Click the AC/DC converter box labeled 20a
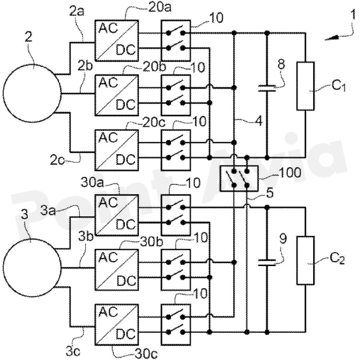coord(117,41)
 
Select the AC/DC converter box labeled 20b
coord(117,95)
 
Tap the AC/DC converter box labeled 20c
coord(117,150)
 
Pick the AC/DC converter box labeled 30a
coord(117,215)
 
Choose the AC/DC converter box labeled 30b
coord(117,270)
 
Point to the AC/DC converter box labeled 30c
coord(117,324)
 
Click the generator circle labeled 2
coord(32,93)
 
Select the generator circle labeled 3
coord(32,267)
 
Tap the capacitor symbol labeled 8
coord(267,88)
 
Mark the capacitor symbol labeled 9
coord(267,263)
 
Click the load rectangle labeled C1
coord(306,86)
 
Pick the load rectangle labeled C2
coord(306,260)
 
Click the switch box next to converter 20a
coord(176,41)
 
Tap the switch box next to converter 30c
coord(176,324)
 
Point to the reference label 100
coord(290,172)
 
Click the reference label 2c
coord(57,160)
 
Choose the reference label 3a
coord(48,211)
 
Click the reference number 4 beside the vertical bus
coord(259,121)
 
